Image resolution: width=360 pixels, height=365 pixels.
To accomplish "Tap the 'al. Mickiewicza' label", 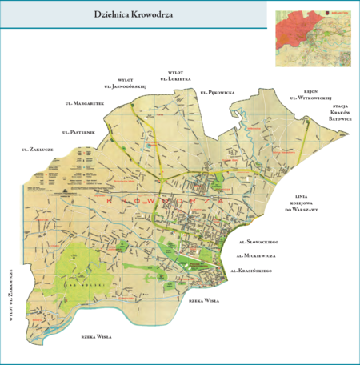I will (257, 255).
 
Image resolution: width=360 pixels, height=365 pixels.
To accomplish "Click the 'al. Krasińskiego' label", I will (252, 271).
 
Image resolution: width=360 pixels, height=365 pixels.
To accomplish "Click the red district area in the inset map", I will (294, 27).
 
